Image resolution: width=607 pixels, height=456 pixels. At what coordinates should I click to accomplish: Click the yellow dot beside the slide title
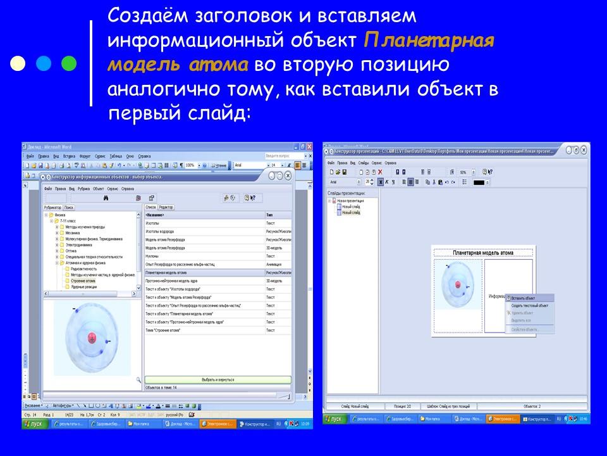click(x=19, y=63)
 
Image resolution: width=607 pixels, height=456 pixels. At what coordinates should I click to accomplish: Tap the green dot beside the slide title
click(x=69, y=63)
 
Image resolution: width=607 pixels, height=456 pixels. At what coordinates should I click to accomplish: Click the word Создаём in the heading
click(x=142, y=15)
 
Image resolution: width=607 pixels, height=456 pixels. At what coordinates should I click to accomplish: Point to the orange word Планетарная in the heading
click(x=429, y=40)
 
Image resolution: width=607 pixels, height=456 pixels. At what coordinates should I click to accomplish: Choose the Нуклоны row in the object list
click(x=152, y=256)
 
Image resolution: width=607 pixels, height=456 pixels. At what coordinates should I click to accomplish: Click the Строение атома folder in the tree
click(x=83, y=281)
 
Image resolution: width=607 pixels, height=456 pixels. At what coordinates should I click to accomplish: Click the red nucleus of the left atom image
click(x=92, y=338)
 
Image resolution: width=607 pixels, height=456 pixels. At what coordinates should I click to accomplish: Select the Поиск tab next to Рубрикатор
click(x=70, y=207)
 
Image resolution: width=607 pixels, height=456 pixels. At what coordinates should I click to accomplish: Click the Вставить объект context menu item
click(x=524, y=298)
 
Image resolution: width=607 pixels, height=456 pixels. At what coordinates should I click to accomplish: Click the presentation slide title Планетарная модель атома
click(x=483, y=253)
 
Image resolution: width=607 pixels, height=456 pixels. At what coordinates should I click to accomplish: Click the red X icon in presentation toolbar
click(x=380, y=172)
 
